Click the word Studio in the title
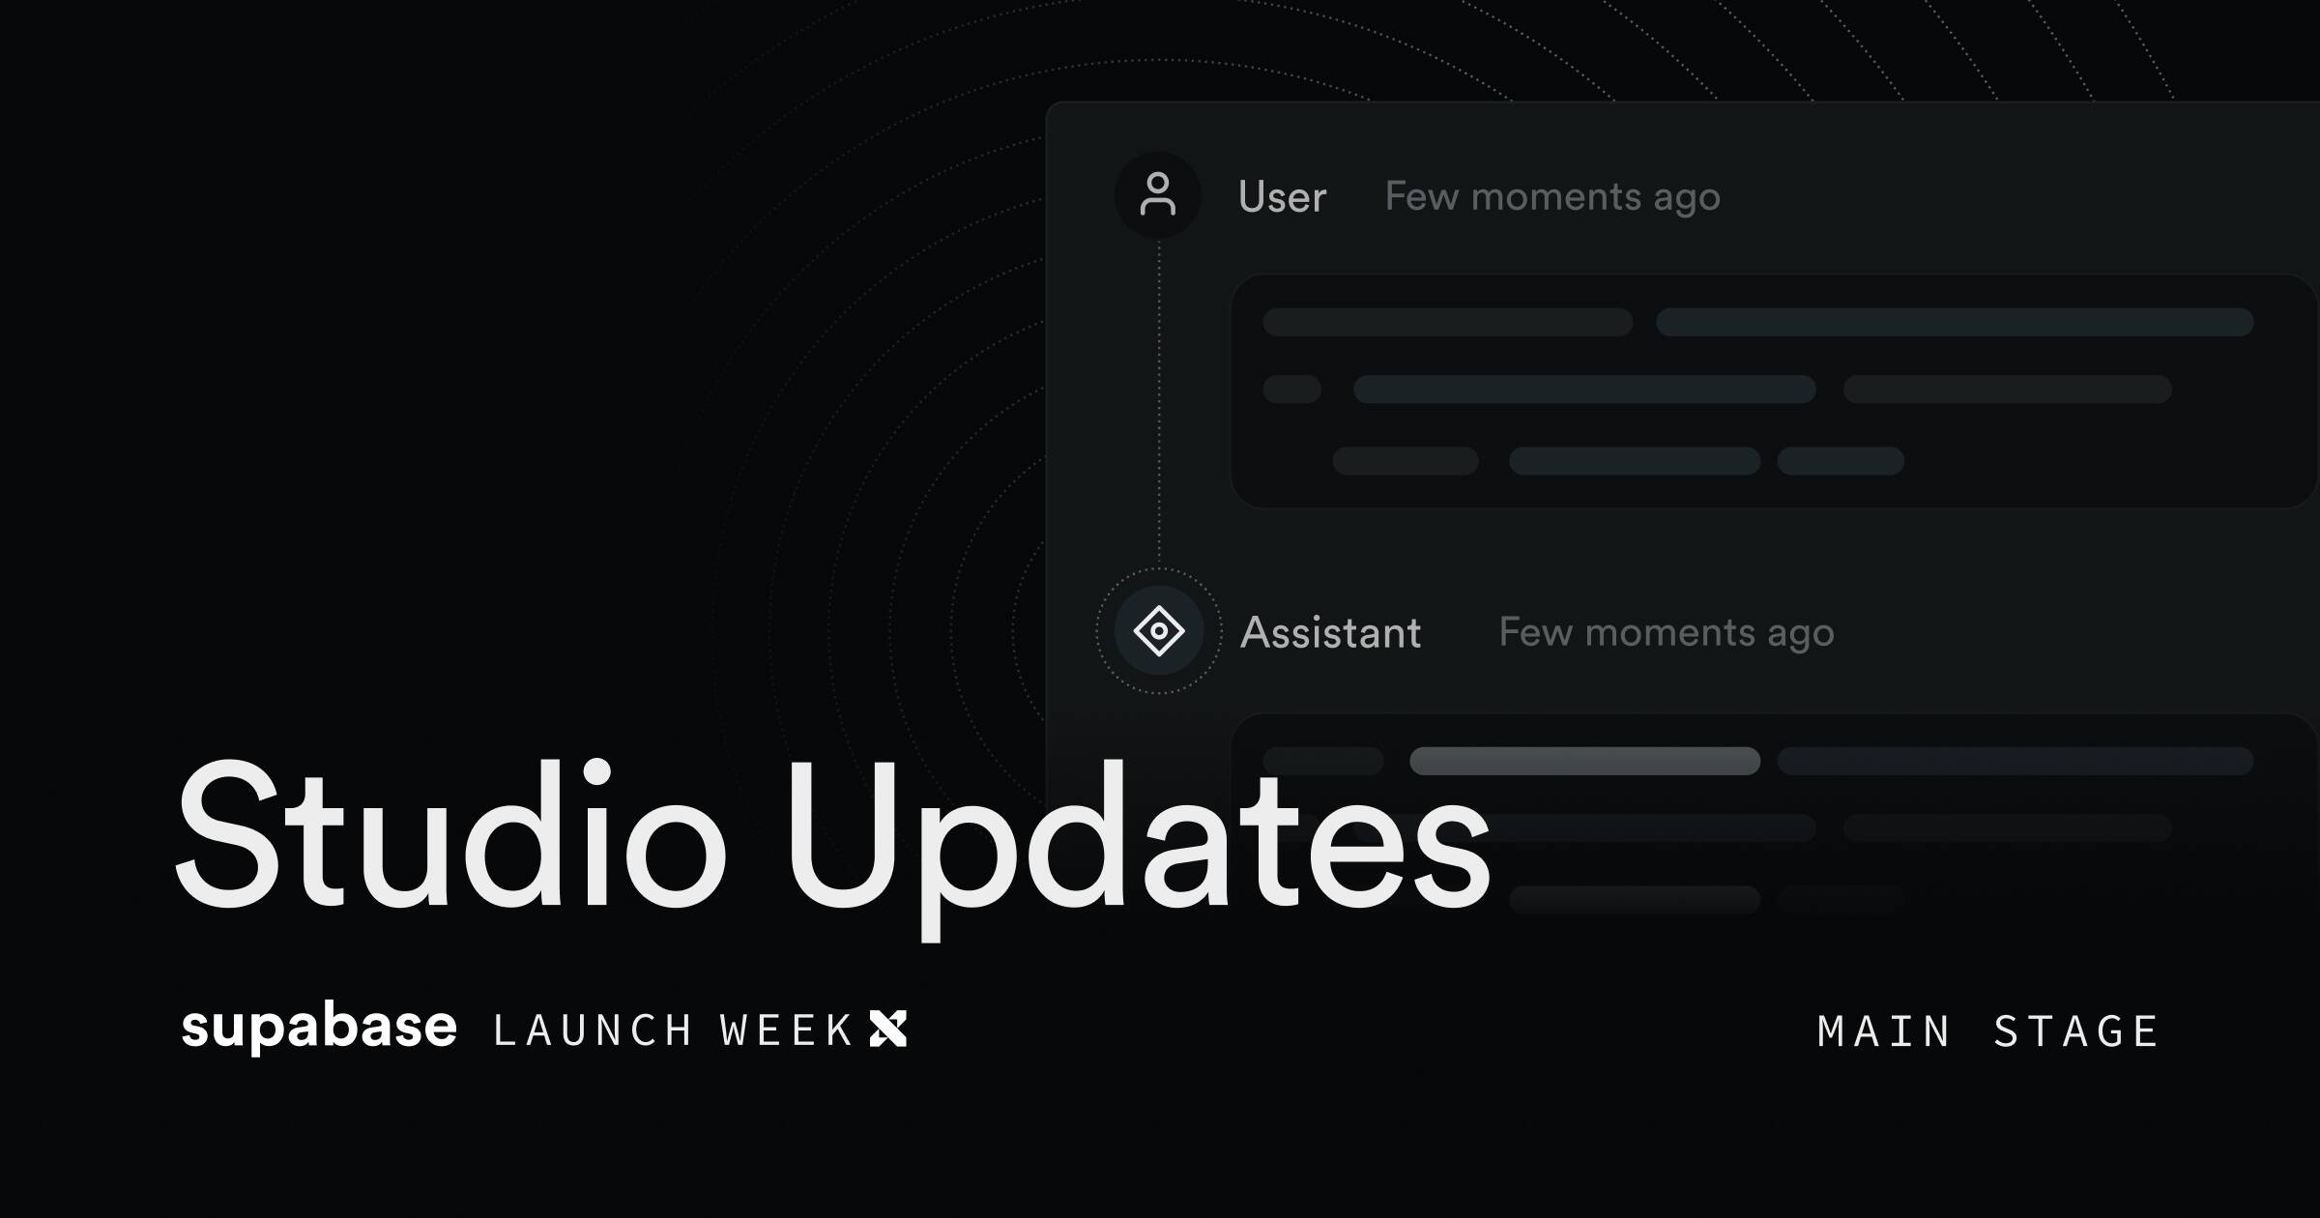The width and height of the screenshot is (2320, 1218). [450, 834]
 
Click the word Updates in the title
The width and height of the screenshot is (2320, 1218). [1139, 848]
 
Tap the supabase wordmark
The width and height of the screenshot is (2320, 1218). [319, 1028]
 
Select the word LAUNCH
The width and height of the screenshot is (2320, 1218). [593, 1030]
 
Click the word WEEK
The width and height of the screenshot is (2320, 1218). [786, 1030]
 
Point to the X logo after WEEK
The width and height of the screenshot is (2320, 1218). [888, 1029]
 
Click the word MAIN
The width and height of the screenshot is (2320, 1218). [1883, 1031]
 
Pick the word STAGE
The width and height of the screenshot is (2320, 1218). [2075, 1031]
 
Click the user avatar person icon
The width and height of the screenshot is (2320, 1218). [1158, 194]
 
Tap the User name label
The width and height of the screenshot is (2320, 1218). [1283, 196]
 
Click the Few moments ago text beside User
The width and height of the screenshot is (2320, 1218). [1552, 197]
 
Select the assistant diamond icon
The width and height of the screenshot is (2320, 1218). [1159, 631]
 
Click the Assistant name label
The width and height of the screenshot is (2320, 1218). [1331, 632]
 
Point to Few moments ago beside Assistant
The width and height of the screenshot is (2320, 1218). [1667, 633]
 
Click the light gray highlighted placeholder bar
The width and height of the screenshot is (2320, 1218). [1585, 761]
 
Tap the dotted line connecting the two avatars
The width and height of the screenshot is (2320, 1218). [1159, 403]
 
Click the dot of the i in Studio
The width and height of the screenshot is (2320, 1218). [596, 773]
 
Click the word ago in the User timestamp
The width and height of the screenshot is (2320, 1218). [1687, 200]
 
